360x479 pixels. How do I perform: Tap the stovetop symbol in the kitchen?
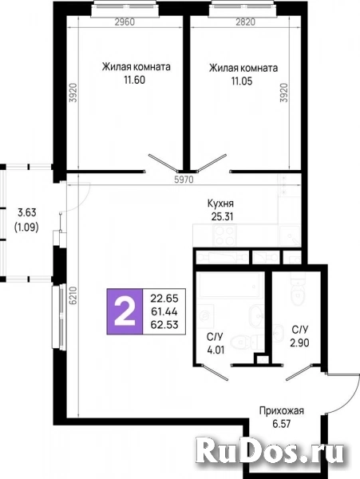(x=224, y=236)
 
